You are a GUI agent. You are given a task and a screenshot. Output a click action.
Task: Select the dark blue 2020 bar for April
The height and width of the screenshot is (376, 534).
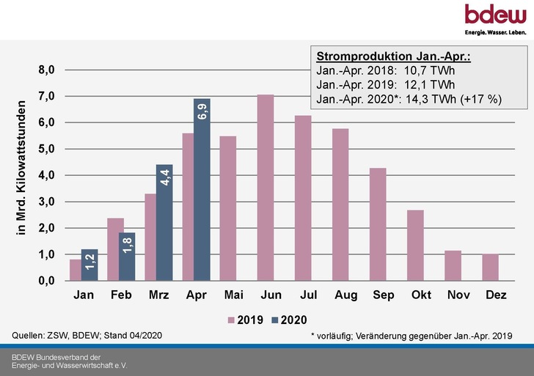coord(202,190)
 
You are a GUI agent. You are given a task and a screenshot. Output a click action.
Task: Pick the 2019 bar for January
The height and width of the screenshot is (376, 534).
coord(75,270)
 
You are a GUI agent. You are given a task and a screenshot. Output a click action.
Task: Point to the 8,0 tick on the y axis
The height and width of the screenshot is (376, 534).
coord(47,70)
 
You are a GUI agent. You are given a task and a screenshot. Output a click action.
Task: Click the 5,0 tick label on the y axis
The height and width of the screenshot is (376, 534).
coord(47,149)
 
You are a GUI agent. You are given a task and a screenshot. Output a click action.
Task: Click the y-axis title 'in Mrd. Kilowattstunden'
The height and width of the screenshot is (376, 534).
coord(21,168)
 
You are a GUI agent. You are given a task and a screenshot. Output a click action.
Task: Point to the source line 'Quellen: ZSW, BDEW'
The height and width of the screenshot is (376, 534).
coord(87,335)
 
